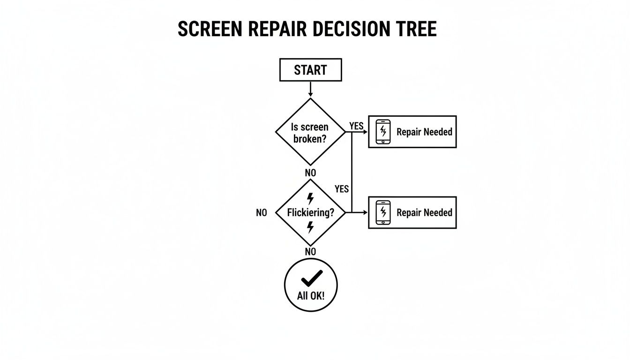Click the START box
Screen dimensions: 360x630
tap(310, 70)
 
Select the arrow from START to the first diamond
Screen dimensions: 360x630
tap(310, 90)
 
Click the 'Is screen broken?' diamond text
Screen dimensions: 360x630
tap(310, 133)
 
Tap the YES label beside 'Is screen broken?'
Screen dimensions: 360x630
tap(356, 126)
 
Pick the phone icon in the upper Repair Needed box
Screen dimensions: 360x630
tap(383, 132)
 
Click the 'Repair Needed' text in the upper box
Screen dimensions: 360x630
tap(424, 132)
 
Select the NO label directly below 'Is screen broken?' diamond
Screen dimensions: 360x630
tap(310, 173)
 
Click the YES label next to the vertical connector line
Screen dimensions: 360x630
tap(342, 188)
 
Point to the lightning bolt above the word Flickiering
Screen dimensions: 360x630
tap(310, 199)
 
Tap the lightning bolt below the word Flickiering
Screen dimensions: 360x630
tap(310, 227)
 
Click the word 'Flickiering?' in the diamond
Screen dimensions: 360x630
tap(311, 213)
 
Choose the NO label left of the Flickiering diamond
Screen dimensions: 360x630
tap(262, 213)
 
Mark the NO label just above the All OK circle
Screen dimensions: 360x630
tap(310, 252)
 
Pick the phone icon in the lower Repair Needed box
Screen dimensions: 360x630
tap(383, 212)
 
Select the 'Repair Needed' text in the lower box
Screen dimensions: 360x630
tap(424, 212)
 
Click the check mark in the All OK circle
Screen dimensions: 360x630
tap(311, 278)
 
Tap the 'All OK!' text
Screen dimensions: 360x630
tap(311, 297)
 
